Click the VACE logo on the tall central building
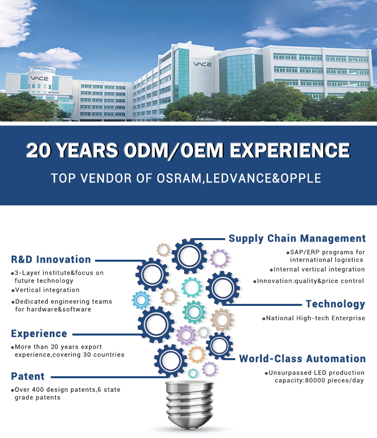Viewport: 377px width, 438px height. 202,64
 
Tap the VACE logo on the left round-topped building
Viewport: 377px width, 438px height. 39,78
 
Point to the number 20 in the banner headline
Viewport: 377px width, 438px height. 39,151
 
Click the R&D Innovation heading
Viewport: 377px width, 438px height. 51,259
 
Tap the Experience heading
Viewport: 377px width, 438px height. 39,334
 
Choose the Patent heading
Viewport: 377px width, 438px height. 28,376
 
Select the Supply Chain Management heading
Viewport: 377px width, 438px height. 297,239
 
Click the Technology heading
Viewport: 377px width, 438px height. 335,304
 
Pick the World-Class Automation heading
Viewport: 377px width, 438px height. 303,359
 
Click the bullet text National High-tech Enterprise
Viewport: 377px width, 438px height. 316,318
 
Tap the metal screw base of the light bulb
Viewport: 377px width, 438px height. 190,404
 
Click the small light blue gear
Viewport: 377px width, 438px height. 141,300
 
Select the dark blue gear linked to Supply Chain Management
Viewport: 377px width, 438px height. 189,256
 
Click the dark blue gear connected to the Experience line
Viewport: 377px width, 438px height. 156,324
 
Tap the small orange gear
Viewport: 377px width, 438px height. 197,355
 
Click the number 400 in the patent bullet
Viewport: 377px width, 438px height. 38,390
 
